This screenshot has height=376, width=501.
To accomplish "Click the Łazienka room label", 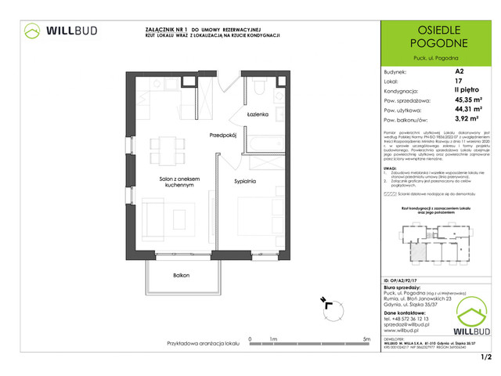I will [x=258, y=115].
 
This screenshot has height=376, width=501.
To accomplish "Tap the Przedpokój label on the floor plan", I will [x=223, y=136].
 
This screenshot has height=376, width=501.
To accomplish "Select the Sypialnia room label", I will [x=245, y=180].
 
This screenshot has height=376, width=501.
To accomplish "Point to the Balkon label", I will [x=182, y=276].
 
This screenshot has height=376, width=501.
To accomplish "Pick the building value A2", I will [x=459, y=70].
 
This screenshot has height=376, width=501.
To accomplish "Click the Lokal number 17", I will [x=458, y=81].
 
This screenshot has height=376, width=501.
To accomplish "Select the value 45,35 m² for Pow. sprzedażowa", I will [x=468, y=99].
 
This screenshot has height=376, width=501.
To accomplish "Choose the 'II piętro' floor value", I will [x=466, y=90].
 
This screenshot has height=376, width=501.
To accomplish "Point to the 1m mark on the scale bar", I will [x=273, y=339].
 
